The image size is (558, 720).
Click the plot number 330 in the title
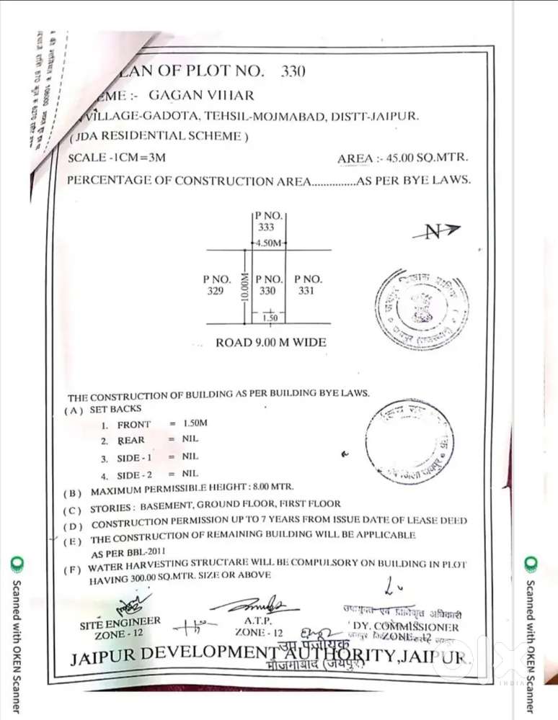coord(293,71)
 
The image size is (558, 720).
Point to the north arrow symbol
coord(436,230)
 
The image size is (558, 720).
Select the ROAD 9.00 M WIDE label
coord(270,343)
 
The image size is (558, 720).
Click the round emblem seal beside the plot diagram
coord(422,303)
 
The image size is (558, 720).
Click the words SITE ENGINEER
coord(120,621)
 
